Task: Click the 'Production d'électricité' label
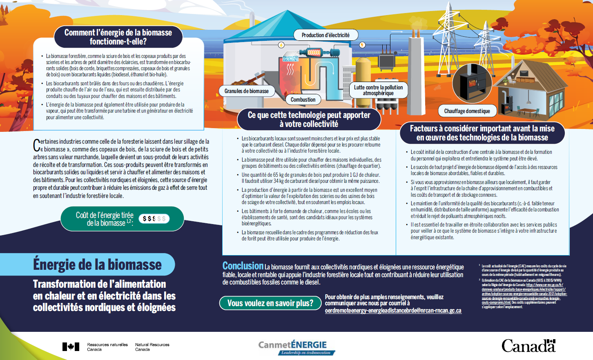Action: tap(325, 35)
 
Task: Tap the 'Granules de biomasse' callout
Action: tap(246, 91)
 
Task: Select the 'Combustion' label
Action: tap(303, 100)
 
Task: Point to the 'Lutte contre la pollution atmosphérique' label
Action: tap(378, 90)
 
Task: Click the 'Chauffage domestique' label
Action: tap(467, 111)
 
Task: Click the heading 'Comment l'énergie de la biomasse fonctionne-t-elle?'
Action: tap(118, 37)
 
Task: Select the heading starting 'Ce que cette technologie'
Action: tap(309, 119)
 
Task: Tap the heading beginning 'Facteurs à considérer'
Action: tap(482, 133)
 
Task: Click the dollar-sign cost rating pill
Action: tap(154, 219)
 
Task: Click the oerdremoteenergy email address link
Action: tap(393, 311)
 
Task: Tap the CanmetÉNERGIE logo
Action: tap(296, 347)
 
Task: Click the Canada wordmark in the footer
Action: tap(528, 346)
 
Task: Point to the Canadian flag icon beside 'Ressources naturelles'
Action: tap(71, 347)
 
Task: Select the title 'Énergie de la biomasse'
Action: tap(97, 264)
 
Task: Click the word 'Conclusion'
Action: tap(243, 266)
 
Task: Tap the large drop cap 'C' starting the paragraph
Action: tap(36, 145)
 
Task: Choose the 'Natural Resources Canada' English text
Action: tap(152, 347)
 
